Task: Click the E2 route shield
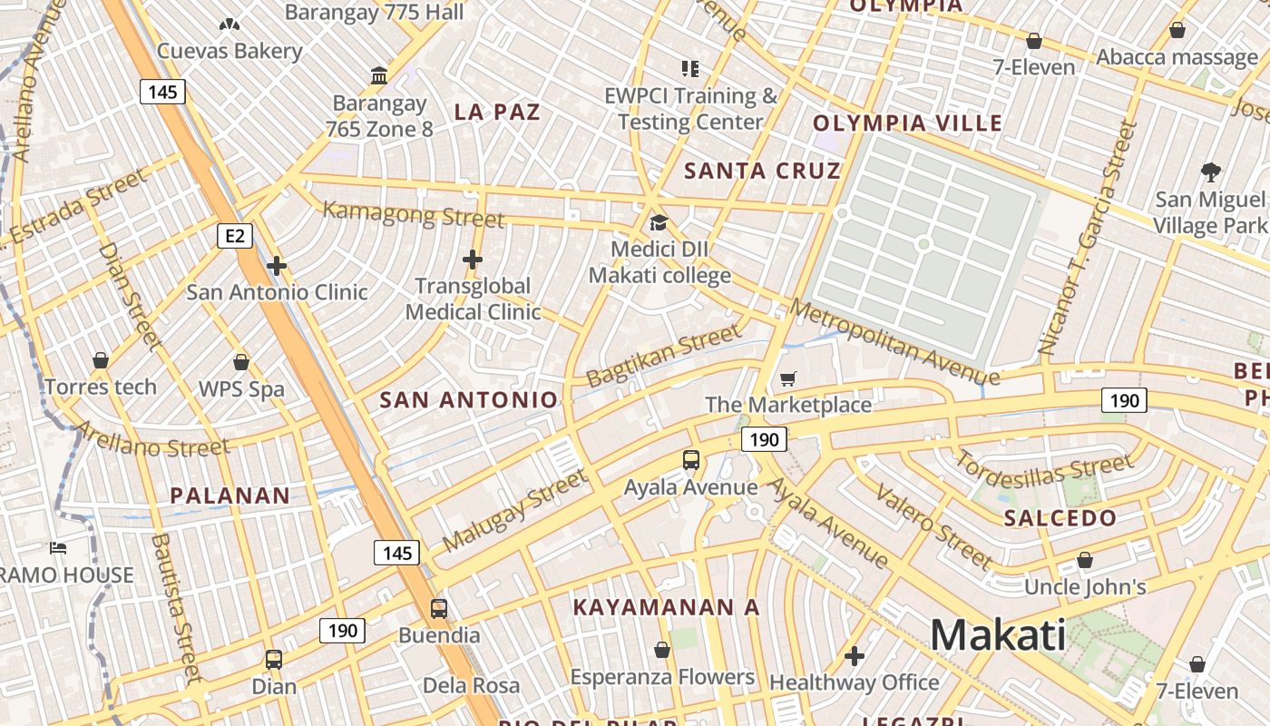pos(235,237)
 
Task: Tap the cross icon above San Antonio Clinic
pos(277,266)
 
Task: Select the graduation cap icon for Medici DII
pos(659,223)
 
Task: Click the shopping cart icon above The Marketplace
pos(788,378)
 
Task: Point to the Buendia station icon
pos(439,608)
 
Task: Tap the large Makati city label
pos(998,634)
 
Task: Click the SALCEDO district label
pos(1060,518)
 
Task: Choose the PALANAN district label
pos(230,495)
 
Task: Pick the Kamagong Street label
pos(414,214)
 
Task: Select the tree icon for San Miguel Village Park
pos(1210,172)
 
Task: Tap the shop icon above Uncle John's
pos(1084,561)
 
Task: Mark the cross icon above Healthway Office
pos(854,655)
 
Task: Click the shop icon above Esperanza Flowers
pos(662,650)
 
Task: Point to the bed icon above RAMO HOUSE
pos(58,548)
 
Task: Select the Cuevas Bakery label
pos(230,51)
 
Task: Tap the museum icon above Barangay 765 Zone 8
pos(379,75)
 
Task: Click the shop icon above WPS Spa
pos(241,362)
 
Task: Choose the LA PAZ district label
pos(497,113)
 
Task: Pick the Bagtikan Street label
pos(664,357)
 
